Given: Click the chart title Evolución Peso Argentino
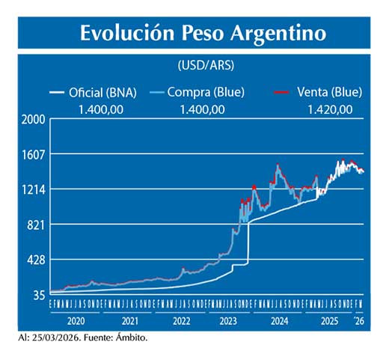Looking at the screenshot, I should point(203,34).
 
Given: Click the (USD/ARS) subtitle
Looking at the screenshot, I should point(205,65).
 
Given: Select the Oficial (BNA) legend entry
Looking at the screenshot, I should point(102,93).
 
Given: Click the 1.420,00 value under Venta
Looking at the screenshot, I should point(330,109).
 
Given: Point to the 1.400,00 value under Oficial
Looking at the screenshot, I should point(101,109).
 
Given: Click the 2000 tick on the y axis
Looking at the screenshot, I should point(34,119).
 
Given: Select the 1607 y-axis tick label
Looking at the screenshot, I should point(34,154).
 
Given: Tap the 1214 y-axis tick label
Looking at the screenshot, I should point(34,189).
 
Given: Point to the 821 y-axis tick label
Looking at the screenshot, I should point(37,225).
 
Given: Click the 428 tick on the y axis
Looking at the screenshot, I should point(37,260).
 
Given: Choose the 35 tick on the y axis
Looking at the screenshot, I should point(39,295).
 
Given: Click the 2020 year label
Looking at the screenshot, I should point(75,320).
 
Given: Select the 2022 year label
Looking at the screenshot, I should point(181,320).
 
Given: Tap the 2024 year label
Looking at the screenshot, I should point(279,320).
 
